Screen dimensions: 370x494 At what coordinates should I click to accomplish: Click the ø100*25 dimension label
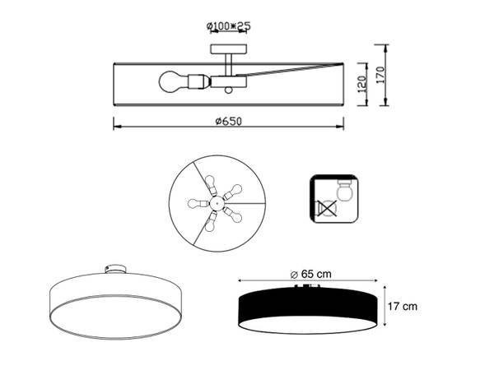coord(229,26)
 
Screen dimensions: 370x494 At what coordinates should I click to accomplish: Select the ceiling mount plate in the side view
coord(229,48)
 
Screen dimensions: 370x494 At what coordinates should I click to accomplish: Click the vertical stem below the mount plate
coord(229,62)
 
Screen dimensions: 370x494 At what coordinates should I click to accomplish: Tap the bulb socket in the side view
coord(195,82)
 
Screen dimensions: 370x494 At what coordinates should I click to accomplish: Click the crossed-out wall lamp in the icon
coord(327,209)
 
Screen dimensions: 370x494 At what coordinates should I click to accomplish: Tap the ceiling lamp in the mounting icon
coord(347,190)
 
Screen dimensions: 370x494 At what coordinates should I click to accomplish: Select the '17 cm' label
coord(403,307)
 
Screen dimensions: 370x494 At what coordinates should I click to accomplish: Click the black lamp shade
coord(310,307)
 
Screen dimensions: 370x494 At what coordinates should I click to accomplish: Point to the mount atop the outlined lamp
coord(116,269)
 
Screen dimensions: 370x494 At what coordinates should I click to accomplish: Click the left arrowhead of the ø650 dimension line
coord(116,127)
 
